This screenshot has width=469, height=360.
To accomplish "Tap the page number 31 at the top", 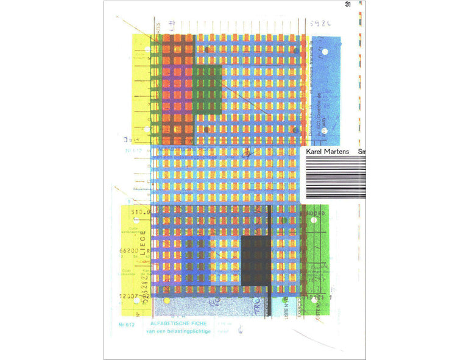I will (x=348, y=5).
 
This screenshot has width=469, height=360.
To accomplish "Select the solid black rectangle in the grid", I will (x=255, y=260).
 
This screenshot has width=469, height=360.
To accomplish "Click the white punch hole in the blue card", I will (x=324, y=53).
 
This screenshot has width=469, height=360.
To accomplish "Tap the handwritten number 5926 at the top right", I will (x=320, y=25).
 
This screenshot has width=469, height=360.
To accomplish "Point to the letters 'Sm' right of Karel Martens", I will (x=361, y=152).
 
